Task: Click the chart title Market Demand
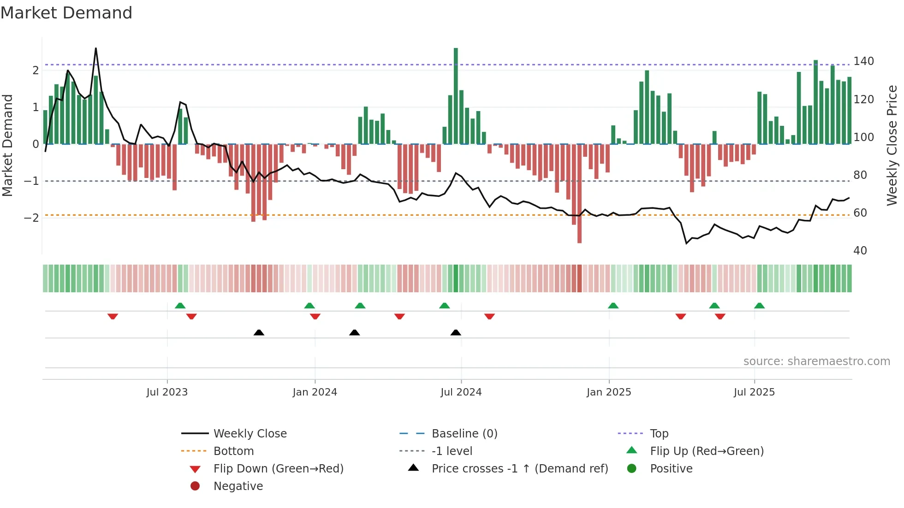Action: (x=66, y=13)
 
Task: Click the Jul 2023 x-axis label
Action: (x=167, y=392)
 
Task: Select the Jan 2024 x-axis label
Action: (x=315, y=392)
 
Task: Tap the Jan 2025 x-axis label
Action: (x=609, y=392)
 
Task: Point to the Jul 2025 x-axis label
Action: (x=754, y=392)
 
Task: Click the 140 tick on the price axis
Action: (x=863, y=61)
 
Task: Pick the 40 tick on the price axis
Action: (x=860, y=251)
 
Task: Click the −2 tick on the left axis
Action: (x=31, y=218)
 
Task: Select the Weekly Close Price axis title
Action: (x=892, y=145)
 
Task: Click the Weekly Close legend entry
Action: (x=250, y=434)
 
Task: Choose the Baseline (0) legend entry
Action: (x=464, y=434)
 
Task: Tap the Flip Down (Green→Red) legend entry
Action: (x=278, y=469)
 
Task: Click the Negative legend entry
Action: (x=238, y=486)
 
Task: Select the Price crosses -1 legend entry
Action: (x=519, y=469)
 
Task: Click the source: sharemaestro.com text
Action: (x=816, y=361)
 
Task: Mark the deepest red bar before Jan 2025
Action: (x=579, y=194)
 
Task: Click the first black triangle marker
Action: (x=259, y=332)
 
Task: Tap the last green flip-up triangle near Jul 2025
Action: (x=759, y=306)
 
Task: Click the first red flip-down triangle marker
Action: (x=113, y=316)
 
